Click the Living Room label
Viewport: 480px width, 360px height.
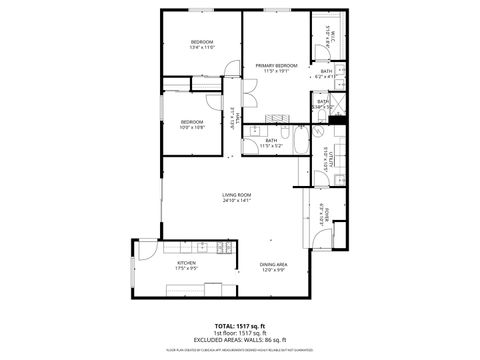pos(237,197)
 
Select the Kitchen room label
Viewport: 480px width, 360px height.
pos(186,266)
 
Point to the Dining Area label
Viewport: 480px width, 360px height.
pos(274,266)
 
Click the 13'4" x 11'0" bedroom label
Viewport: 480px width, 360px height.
pos(203,44)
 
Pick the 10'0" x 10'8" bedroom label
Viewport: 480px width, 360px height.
pos(193,125)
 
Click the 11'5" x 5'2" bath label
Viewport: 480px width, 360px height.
pos(271,143)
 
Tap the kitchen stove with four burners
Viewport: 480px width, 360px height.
pos(202,246)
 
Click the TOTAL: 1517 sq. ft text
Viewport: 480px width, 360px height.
pos(240,325)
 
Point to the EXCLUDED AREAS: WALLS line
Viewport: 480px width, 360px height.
pos(240,339)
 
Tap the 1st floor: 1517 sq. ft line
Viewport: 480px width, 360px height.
pos(240,332)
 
